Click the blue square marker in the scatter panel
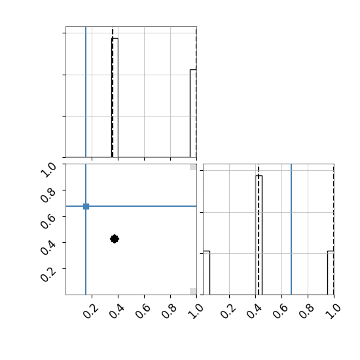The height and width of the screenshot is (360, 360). click(86, 206)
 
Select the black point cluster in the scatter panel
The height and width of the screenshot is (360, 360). click(115, 239)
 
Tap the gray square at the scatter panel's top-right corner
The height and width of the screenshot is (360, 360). click(193, 167)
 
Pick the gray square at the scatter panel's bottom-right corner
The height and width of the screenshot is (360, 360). click(193, 291)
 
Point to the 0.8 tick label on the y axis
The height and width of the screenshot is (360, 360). click(48, 196)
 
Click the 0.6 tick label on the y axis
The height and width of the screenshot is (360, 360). click(48, 221)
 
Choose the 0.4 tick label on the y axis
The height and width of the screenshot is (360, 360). click(48, 247)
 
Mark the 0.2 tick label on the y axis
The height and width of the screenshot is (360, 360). click(48, 274)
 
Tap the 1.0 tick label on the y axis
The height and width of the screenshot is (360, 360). click(48, 170)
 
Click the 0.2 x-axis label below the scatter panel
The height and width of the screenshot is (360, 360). click(91, 312)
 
